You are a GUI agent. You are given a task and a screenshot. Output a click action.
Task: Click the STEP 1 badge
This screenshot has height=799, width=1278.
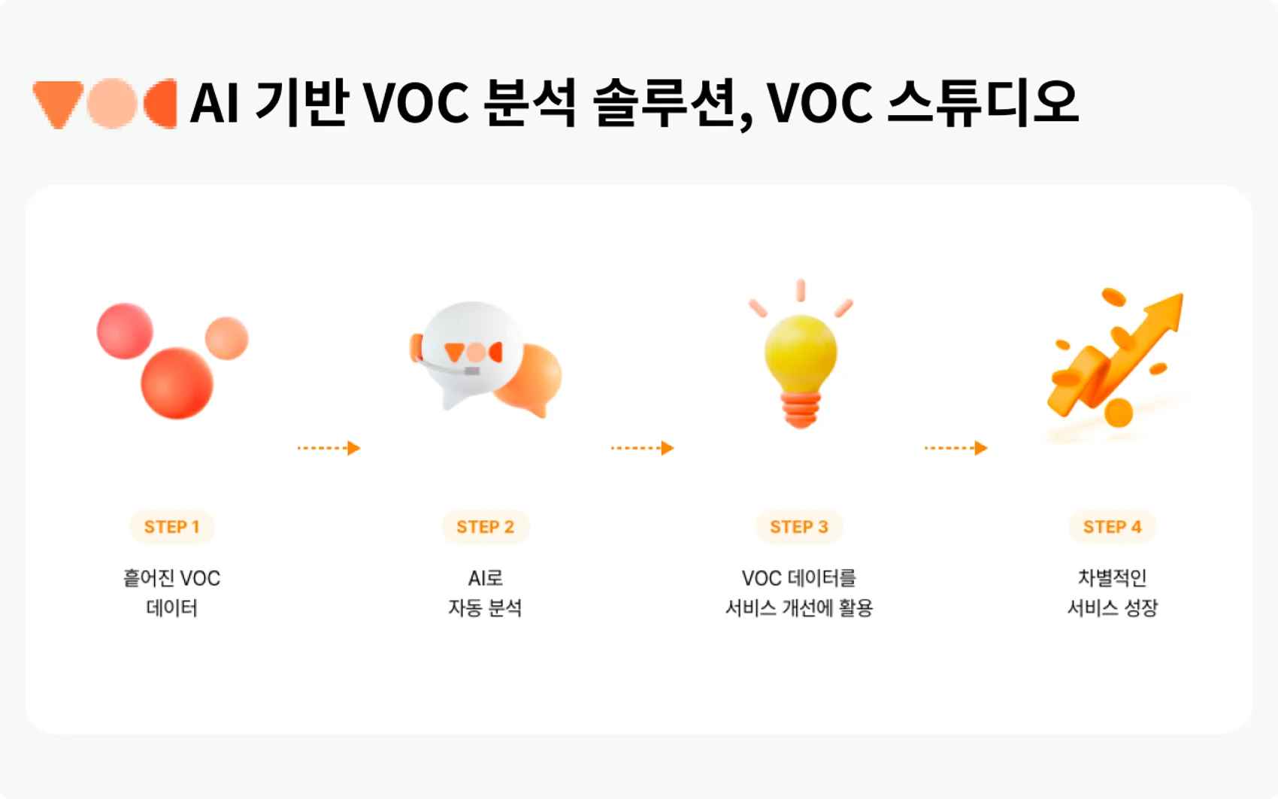(171, 526)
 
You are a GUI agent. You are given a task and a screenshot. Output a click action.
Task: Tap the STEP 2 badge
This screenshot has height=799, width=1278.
(485, 526)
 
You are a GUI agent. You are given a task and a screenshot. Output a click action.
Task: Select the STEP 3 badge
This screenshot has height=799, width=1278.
(798, 526)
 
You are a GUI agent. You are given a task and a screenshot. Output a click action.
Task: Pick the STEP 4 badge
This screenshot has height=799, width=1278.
(1112, 526)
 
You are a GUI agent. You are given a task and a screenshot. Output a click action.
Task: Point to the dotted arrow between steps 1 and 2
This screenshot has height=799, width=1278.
(329, 448)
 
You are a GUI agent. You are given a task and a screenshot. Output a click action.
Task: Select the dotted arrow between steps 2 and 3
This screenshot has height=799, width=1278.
(643, 448)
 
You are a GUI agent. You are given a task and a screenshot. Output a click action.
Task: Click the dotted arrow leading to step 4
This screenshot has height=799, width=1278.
(955, 448)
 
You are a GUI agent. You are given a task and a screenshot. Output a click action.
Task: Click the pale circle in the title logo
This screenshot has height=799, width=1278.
(112, 103)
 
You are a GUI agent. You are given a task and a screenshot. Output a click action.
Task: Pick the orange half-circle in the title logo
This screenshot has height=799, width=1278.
(162, 103)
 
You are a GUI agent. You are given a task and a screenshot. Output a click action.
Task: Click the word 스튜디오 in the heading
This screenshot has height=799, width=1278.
(983, 103)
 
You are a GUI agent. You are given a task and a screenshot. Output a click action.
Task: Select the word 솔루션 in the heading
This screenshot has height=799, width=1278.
(665, 103)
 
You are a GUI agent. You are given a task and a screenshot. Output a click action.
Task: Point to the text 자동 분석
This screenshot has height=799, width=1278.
(485, 608)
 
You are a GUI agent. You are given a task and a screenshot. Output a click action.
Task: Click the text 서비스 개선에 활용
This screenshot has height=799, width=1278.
(798, 608)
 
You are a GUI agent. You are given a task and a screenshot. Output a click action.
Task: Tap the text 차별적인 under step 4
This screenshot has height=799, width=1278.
(1112, 578)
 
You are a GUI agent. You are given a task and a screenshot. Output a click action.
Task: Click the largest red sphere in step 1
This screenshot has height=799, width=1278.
(177, 383)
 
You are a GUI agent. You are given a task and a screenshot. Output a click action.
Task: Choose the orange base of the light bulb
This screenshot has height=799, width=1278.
(801, 410)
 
